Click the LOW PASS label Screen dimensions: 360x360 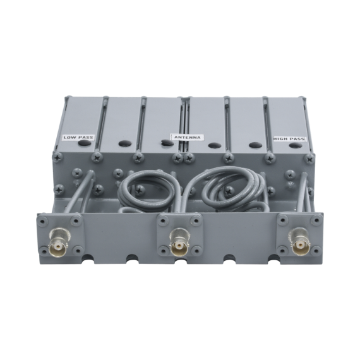(x=78, y=137)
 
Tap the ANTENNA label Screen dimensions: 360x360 (x=188, y=137)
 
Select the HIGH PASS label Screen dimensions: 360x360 (x=289, y=139)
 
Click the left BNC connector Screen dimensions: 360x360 (x=58, y=244)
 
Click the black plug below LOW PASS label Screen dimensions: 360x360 (x=85, y=143)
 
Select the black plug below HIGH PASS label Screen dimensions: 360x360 (x=296, y=145)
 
